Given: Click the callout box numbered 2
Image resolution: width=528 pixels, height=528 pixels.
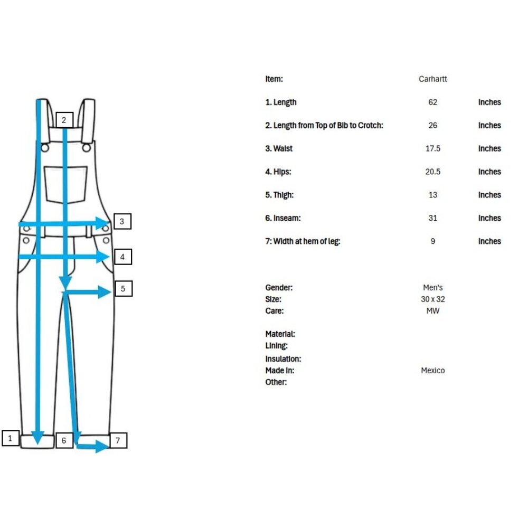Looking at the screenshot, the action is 64,120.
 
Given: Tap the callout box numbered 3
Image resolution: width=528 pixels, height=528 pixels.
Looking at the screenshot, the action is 122,221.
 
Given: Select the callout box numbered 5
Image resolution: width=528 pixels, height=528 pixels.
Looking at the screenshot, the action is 124,289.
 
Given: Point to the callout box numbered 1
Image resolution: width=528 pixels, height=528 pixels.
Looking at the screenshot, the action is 11,438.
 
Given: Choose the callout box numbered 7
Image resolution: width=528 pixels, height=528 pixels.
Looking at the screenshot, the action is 118,440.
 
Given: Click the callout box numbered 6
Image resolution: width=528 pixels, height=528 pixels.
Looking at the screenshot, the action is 64,440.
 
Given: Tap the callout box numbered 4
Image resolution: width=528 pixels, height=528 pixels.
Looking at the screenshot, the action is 123,257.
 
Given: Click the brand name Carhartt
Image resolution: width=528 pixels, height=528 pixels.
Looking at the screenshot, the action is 433,79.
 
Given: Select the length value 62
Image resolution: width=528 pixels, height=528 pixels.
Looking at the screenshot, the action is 433,102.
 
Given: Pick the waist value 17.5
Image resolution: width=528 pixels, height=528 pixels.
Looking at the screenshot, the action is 433,148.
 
